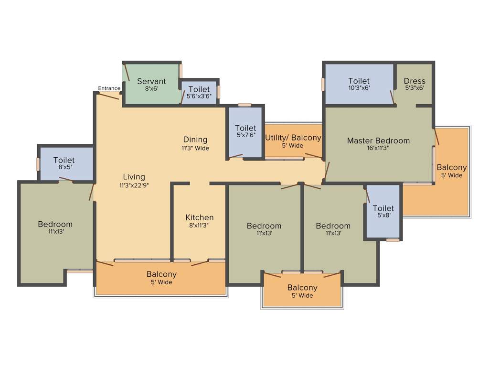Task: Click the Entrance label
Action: (109, 88)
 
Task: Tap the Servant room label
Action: (151, 81)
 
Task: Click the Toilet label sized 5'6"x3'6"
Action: (199, 89)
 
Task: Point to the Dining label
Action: (195, 140)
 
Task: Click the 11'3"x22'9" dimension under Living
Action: (134, 185)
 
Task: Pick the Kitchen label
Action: (200, 217)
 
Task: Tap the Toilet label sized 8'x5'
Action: (64, 160)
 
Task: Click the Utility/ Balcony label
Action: (293, 138)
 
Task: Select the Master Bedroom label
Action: (378, 140)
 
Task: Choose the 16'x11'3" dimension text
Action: (378, 148)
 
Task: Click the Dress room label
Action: (414, 81)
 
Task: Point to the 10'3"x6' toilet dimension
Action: (359, 88)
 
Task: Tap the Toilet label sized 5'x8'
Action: (383, 208)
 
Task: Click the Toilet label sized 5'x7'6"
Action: (245, 128)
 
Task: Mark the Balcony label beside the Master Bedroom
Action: (452, 167)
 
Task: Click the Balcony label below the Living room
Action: (161, 274)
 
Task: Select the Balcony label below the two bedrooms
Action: (302, 288)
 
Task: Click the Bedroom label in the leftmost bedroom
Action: (55, 224)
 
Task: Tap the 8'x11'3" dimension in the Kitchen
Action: (200, 226)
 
